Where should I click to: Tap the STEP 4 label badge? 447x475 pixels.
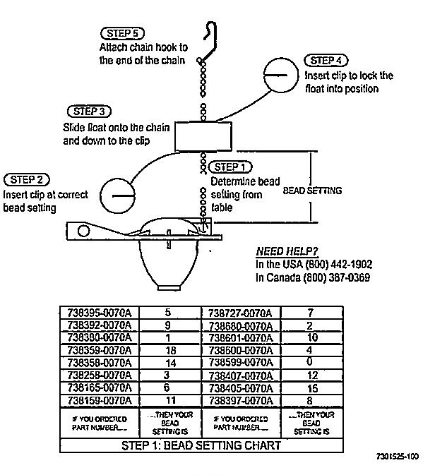pyautogui.click(x=326, y=61)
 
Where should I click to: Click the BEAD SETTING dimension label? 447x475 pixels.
pyautogui.click(x=312, y=191)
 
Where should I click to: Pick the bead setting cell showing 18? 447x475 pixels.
pyautogui.click(x=168, y=350)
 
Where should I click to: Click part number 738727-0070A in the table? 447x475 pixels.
pyautogui.click(x=241, y=313)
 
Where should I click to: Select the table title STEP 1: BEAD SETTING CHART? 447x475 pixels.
pyautogui.click(x=201, y=445)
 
